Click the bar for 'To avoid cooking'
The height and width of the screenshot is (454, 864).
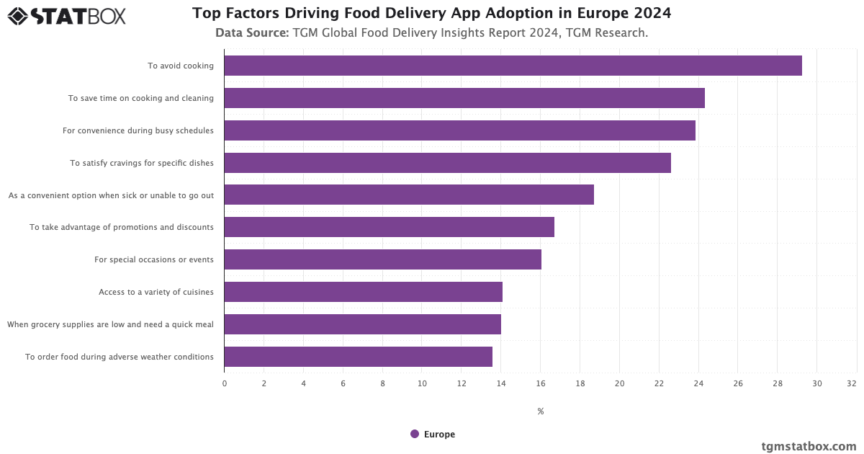[513, 66]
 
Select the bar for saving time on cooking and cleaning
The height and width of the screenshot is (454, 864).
[464, 98]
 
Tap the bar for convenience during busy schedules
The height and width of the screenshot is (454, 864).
[459, 130]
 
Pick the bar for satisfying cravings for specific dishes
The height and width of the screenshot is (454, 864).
[447, 163]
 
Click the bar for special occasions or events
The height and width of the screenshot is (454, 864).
[382, 259]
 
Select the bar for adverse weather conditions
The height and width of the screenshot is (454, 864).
[358, 357]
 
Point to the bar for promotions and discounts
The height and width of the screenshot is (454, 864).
[389, 227]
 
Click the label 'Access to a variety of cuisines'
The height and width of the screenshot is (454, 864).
[156, 292]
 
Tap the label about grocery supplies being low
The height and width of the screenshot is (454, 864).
[110, 324]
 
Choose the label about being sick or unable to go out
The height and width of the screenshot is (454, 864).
[111, 195]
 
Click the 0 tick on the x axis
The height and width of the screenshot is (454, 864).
[224, 383]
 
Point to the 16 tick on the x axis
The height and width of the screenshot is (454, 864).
[541, 383]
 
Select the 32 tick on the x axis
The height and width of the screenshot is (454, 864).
[852, 383]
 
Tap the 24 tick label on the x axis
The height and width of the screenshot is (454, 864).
[698, 383]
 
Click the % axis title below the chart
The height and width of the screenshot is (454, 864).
[541, 411]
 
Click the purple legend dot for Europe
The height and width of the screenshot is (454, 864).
[415, 434]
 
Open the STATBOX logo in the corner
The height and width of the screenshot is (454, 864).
[67, 16]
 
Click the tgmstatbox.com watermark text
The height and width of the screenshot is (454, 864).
[809, 446]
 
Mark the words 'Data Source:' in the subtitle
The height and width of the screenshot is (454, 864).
[252, 33]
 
